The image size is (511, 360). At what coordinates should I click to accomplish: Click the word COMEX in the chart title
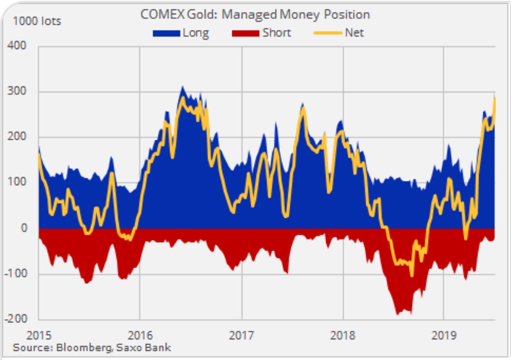(x=158, y=15)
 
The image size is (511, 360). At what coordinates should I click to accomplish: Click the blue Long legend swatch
(x=166, y=33)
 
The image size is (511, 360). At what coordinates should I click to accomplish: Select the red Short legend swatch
(x=245, y=33)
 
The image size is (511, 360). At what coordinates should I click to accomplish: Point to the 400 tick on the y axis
(x=18, y=45)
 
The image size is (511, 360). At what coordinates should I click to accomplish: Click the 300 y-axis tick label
(x=18, y=91)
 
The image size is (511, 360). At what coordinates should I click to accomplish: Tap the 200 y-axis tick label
(x=18, y=137)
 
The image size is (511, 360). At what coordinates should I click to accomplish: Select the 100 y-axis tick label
(x=18, y=182)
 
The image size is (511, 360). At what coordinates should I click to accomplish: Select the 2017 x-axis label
(x=242, y=335)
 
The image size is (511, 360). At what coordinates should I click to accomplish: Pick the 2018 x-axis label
(x=343, y=335)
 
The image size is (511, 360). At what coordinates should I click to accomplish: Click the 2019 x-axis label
(x=444, y=335)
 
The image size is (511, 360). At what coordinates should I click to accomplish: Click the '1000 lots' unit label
(x=37, y=21)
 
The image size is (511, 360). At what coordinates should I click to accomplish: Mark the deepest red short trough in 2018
(x=397, y=314)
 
